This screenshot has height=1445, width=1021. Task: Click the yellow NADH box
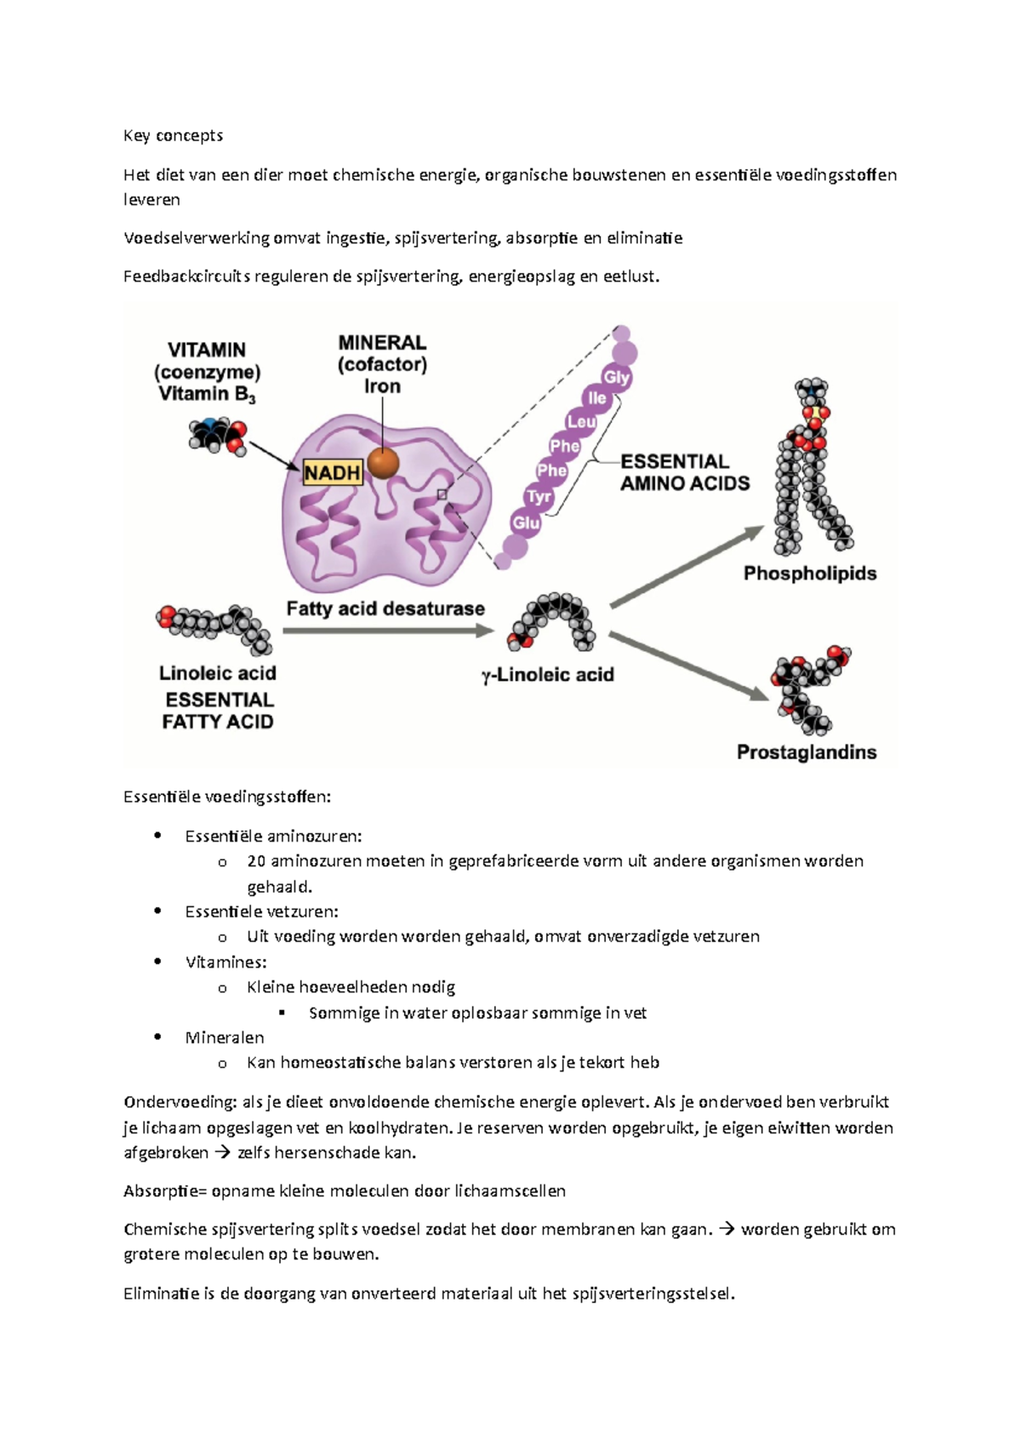pos(333,472)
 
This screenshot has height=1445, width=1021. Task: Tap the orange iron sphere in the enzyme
pos(384,463)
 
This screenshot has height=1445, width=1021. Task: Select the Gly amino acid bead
pos(616,377)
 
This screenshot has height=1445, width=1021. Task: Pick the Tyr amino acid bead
pos(539,496)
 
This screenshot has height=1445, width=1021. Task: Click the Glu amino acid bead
pos(526,523)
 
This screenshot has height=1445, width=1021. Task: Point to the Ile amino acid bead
pos(597,397)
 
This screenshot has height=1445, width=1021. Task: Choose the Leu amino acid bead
pos(581,421)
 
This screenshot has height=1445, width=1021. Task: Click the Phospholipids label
pos(809,574)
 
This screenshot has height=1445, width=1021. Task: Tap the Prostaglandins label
pos(806,752)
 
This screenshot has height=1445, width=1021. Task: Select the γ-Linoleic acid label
pos(547,675)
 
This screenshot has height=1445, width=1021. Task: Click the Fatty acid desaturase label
pos(385,608)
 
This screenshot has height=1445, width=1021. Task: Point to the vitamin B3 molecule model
pos(217,437)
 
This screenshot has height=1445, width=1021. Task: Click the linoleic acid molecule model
pos(214,627)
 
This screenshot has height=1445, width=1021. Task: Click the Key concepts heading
pos(173,135)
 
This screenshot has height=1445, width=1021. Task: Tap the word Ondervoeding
pos(180,1102)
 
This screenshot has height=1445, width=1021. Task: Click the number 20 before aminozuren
pos(256,861)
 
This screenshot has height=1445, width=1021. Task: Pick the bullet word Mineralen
pos(225,1037)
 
